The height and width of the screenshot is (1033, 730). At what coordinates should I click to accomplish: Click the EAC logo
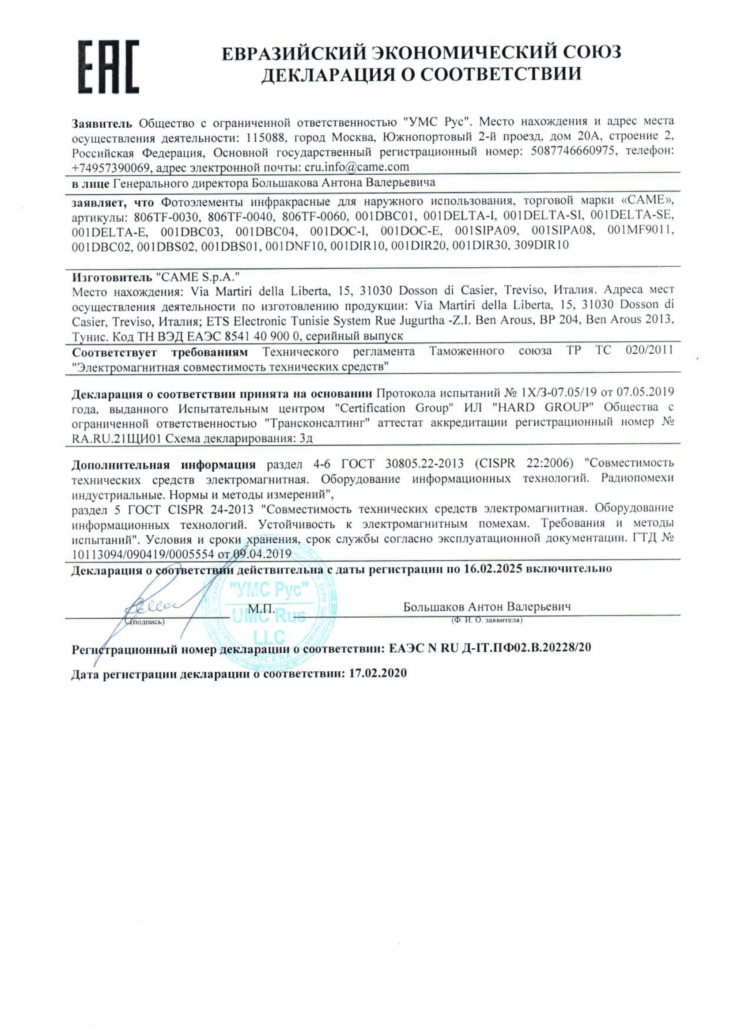[x=108, y=67]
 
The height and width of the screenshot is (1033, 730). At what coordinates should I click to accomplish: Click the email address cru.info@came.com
[x=357, y=167]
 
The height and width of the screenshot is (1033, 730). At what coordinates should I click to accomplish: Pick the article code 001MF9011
[x=640, y=231]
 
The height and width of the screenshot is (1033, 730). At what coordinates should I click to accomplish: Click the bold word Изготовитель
[x=112, y=277]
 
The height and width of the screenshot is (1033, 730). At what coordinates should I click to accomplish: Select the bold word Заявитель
[x=102, y=123]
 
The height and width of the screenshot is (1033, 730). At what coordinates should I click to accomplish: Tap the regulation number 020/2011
[x=649, y=350]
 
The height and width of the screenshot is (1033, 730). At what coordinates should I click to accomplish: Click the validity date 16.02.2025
[x=493, y=569]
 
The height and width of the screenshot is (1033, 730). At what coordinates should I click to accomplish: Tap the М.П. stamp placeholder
[x=261, y=609]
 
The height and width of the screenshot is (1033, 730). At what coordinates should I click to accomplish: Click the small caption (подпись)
[x=148, y=622]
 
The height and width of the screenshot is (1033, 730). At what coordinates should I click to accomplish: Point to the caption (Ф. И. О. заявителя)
[x=487, y=620]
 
